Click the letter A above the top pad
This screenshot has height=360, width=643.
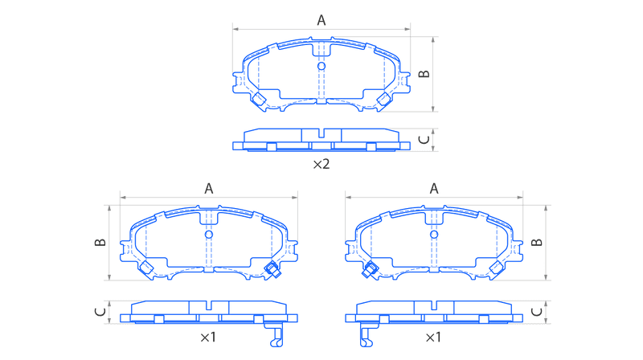coord(321,20)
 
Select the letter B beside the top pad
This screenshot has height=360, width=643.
coord(424,74)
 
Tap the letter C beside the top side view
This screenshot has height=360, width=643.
coord(424,140)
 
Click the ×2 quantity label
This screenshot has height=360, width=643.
coord(321,165)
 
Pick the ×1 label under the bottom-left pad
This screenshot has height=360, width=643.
coord(208,337)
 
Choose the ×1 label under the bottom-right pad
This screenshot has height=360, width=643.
coord(433,337)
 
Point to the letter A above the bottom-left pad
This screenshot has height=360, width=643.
coord(209,189)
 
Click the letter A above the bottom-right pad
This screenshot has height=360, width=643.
coord(434,189)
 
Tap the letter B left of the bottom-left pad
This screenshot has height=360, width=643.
coord(100,243)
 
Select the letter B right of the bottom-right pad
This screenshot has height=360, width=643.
coord(537,243)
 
